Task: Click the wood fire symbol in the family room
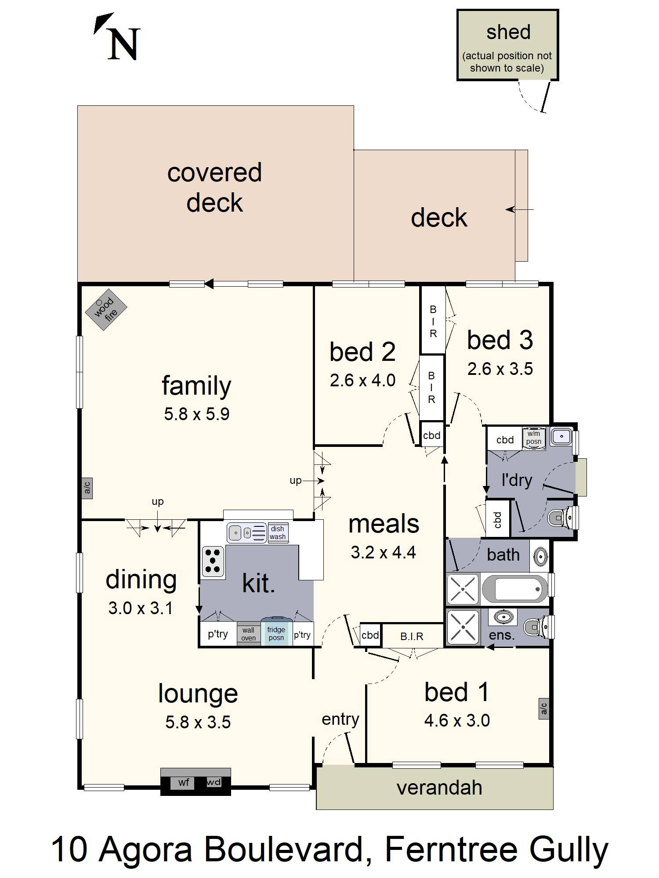click(x=106, y=309)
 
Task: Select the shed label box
click(x=507, y=45)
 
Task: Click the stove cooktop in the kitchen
click(x=214, y=561)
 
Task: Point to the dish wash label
click(x=278, y=533)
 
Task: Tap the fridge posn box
click(x=276, y=633)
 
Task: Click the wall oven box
click(x=248, y=634)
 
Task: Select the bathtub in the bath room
click(x=515, y=589)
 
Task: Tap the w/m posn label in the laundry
click(x=534, y=438)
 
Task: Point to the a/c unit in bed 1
click(x=544, y=708)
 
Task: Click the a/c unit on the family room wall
click(x=87, y=488)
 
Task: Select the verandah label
click(x=439, y=788)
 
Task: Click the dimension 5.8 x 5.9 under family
click(x=197, y=414)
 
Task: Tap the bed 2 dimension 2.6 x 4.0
click(x=362, y=380)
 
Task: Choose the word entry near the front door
click(x=340, y=719)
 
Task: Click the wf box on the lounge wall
click(x=184, y=782)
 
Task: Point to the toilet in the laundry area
click(x=563, y=518)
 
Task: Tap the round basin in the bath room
click(x=541, y=557)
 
